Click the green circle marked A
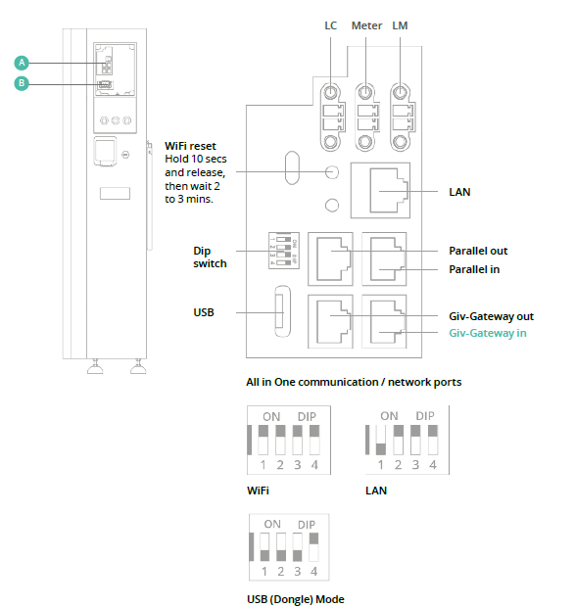(22, 63)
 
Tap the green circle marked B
(22, 83)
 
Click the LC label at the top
(330, 25)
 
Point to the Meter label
(366, 25)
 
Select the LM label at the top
(400, 25)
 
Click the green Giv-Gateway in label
(488, 333)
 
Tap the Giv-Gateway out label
(491, 316)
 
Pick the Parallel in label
(474, 269)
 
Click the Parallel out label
(478, 251)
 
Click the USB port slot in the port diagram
(282, 311)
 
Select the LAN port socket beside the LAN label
(380, 190)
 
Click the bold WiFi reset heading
(190, 146)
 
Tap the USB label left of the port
(204, 312)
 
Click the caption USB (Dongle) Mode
(296, 599)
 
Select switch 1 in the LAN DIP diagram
(381, 440)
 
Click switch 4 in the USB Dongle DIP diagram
(313, 547)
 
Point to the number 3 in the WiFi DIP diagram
(297, 464)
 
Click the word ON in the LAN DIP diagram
(389, 416)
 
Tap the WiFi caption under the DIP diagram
(258, 491)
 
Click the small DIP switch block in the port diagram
(284, 251)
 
